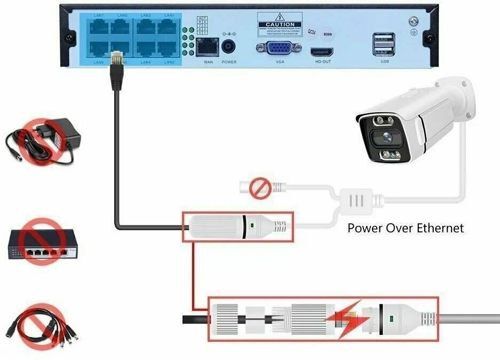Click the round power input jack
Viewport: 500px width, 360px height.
click(x=229, y=46)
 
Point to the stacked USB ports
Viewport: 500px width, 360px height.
click(x=384, y=43)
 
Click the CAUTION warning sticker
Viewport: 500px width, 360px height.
click(x=280, y=25)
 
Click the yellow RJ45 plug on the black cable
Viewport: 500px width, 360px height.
click(x=116, y=59)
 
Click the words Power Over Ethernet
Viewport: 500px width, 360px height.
click(x=406, y=228)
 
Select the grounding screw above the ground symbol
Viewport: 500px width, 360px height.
click(x=412, y=22)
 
